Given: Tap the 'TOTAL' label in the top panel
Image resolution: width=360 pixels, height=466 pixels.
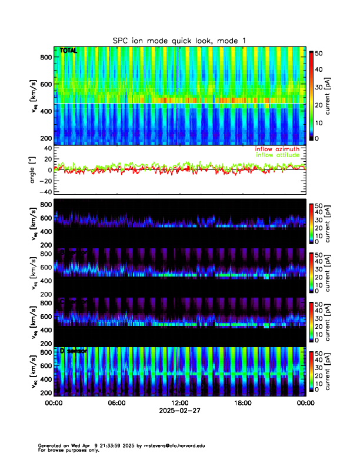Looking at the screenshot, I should pyautogui.click(x=68, y=51).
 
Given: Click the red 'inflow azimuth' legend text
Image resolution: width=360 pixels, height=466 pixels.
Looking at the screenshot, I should pyautogui.click(x=276, y=149).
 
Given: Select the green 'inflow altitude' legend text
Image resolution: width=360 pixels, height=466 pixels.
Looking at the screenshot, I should pyautogui.click(x=277, y=155).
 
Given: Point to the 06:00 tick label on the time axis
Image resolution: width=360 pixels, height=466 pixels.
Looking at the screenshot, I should pyautogui.click(x=116, y=403).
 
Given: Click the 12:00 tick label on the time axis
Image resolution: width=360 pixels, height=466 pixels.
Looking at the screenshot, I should pyautogui.click(x=179, y=403).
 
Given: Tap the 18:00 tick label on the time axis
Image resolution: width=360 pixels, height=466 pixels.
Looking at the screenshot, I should pyautogui.click(x=242, y=403).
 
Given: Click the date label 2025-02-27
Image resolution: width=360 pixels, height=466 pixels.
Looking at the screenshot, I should pyautogui.click(x=179, y=411).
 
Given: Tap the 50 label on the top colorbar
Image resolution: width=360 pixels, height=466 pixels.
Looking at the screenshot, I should pyautogui.click(x=318, y=53).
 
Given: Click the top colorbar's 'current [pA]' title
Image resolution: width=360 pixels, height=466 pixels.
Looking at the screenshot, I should pyautogui.click(x=333, y=95).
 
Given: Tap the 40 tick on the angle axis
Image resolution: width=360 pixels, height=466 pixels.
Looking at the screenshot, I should pyautogui.click(x=46, y=148).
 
